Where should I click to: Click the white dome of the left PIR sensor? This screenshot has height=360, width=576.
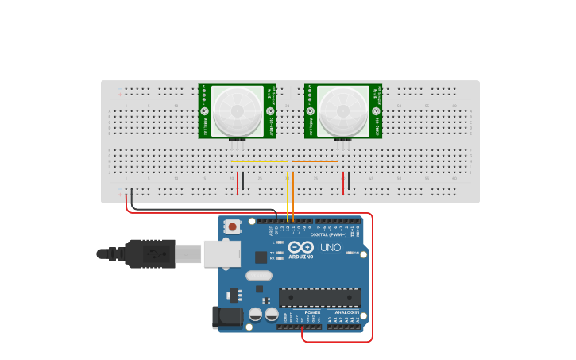pos(237,110)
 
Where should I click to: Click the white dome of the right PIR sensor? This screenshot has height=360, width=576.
pos(342,110)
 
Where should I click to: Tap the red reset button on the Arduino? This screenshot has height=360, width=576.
pos(232,226)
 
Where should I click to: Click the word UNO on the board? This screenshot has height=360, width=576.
pos(331,248)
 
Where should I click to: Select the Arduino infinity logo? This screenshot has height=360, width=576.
pos(301,247)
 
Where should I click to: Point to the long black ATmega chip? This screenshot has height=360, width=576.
pos(319,297)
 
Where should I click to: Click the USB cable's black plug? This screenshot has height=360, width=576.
pos(149,254)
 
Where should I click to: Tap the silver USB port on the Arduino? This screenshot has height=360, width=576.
pos(222,254)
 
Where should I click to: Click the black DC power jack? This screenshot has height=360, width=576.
pos(227,318)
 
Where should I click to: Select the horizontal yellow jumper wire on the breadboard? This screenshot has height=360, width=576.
pos(260,161)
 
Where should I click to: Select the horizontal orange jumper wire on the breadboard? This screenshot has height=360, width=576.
pos(315,161)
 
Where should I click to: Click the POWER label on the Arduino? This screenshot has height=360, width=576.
pos(312,312)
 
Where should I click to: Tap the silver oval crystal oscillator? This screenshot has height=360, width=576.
pos(259,276)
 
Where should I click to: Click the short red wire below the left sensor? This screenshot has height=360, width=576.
pos(237,183)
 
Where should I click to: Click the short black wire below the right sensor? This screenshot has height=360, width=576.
pos(349,181)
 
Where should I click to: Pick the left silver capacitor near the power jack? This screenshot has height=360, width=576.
pos(255,314)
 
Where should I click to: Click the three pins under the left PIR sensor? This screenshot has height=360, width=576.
pos(236,145)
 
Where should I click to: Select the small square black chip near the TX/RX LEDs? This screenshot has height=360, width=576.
pos(261,257)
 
